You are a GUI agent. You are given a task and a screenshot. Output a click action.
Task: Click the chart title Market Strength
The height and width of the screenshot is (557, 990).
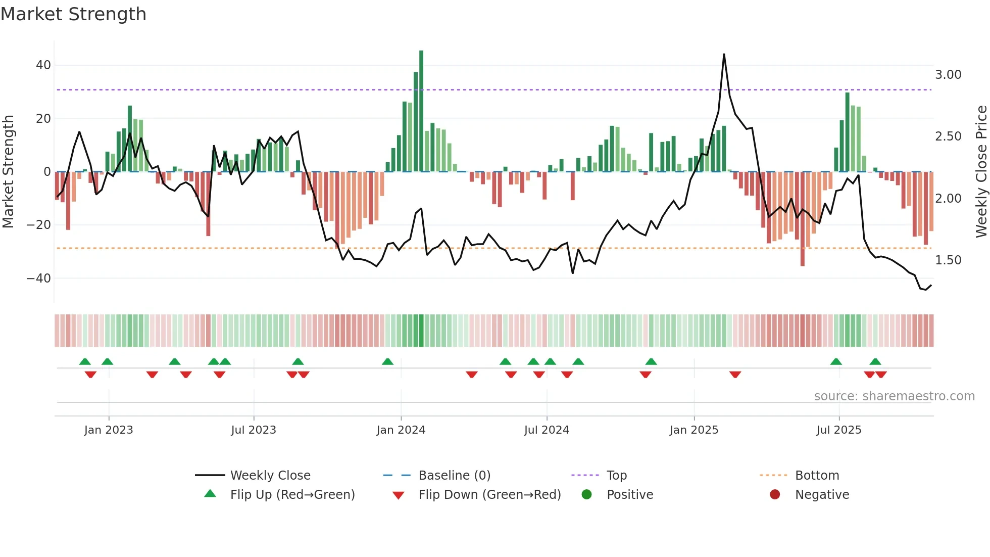73,14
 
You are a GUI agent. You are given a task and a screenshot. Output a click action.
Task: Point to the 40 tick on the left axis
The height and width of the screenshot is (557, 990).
43,65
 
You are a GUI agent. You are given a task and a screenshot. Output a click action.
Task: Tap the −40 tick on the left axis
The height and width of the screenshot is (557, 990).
38,278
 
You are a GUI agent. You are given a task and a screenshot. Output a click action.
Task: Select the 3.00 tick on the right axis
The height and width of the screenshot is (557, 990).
948,75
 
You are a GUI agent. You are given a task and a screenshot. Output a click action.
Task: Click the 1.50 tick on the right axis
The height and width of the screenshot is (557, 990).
948,260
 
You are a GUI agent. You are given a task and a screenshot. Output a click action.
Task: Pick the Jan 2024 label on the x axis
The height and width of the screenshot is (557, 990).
401,430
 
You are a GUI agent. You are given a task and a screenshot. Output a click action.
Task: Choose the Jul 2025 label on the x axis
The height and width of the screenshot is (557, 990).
838,430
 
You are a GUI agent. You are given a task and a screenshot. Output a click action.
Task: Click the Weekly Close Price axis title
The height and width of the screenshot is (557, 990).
981,172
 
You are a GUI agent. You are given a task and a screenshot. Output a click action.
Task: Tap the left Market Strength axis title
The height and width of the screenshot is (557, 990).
8,172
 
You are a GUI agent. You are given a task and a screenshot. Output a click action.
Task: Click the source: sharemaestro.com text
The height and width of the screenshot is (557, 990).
894,396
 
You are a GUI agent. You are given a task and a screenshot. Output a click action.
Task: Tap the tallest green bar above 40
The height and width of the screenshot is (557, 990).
421,111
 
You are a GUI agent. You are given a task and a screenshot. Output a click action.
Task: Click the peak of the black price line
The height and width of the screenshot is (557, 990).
724,55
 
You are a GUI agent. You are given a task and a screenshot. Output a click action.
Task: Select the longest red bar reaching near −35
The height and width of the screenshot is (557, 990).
802,218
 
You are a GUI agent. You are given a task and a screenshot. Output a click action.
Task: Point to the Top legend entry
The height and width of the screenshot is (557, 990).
616,476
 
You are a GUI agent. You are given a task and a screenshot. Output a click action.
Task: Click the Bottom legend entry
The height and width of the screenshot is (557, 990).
816,476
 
